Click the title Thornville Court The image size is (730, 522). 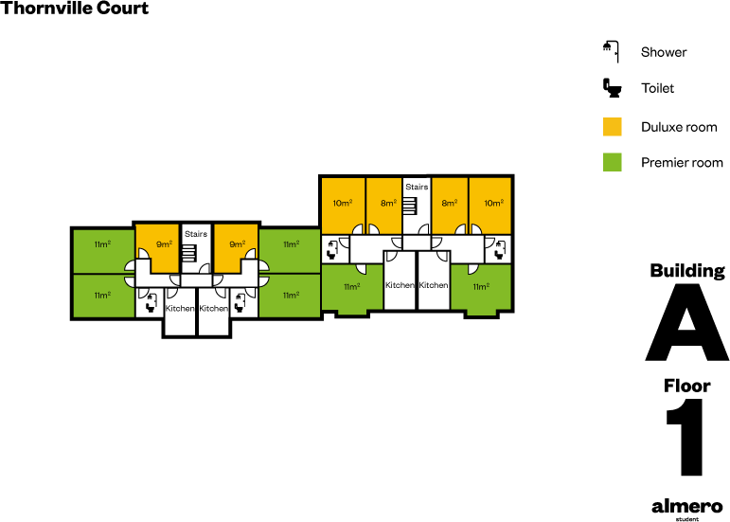click(75, 9)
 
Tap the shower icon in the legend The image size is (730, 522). click(611, 51)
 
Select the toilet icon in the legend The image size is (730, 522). click(613, 88)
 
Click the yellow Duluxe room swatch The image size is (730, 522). click(613, 126)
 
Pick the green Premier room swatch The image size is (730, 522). click(613, 162)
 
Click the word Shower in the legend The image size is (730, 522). click(663, 52)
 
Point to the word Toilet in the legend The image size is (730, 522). click(657, 88)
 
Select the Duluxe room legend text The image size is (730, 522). click(679, 127)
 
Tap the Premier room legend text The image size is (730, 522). click(682, 163)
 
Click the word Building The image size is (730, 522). click(686, 271)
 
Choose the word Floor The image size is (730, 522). click(686, 386)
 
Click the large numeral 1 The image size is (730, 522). click(687, 438)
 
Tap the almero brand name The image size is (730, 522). click(686, 506)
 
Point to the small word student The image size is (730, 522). click(686, 518)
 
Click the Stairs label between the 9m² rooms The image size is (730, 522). click(196, 233)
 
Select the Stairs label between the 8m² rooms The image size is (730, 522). click(417, 188)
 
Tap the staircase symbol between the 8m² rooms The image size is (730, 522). click(410, 206)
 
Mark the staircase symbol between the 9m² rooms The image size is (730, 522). click(189, 253)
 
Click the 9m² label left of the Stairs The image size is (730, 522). click(164, 243)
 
